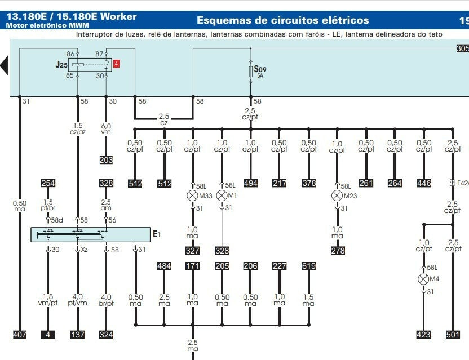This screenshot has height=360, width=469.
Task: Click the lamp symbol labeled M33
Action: tap(192, 195)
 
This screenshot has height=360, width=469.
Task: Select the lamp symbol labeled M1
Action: tap(222, 195)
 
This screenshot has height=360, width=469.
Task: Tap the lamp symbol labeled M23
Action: tap(337, 195)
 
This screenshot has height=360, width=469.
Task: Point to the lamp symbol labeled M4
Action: tap(423, 279)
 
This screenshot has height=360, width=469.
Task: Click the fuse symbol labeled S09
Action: tap(251, 72)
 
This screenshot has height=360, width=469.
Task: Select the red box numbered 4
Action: tap(116, 64)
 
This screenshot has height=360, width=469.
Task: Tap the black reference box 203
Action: tap(106, 160)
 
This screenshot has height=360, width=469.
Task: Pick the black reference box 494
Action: tap(250, 183)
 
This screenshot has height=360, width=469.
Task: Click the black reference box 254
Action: tap(48, 183)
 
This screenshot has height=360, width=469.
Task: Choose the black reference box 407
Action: tap(19, 335)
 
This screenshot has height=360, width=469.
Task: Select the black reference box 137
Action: tap(77, 335)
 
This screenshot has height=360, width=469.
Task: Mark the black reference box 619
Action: tap(308, 266)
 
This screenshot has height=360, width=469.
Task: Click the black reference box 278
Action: tap(337, 250)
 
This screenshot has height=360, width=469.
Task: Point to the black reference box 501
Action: tap(453, 335)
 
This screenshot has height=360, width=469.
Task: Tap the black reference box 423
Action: tap(423, 335)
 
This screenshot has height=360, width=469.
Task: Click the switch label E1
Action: tap(157, 234)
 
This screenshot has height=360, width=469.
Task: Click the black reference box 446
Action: tap(424, 183)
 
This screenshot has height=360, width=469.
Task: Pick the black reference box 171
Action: tap(193, 266)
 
